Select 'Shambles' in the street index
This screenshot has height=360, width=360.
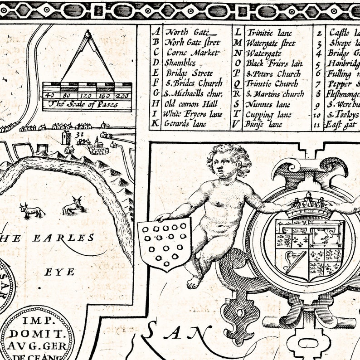(x=180, y=63)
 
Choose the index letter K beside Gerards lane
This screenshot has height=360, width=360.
(x=156, y=124)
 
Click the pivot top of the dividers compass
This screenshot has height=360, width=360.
(x=88, y=33)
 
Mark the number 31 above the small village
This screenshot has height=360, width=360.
(x=81, y=135)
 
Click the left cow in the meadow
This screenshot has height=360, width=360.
(x=32, y=210)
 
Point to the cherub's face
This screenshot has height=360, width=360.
(x=222, y=166)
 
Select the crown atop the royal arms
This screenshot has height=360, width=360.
(x=309, y=206)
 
